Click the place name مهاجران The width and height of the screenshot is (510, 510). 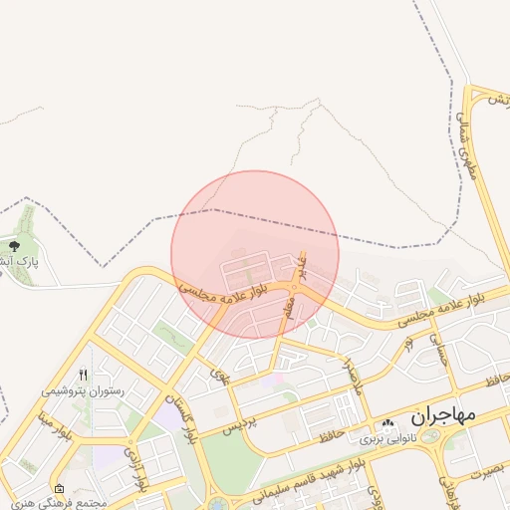443,412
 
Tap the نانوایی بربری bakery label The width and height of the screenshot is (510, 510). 385,438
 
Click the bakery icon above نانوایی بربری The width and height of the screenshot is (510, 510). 385,425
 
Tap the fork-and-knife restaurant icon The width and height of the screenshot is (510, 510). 84,376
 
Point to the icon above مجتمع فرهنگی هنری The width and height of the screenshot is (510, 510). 59,488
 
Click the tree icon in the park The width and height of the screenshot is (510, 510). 14,245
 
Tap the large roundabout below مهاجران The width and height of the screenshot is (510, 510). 431,436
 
